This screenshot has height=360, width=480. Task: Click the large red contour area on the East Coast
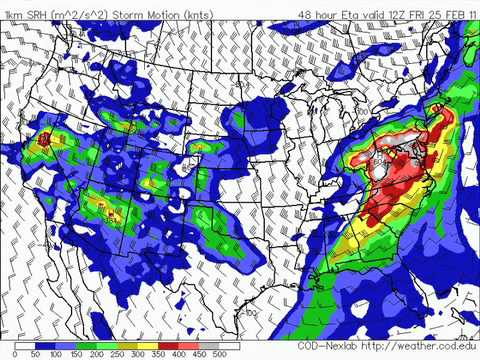pyautogui.click(x=395, y=185)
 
